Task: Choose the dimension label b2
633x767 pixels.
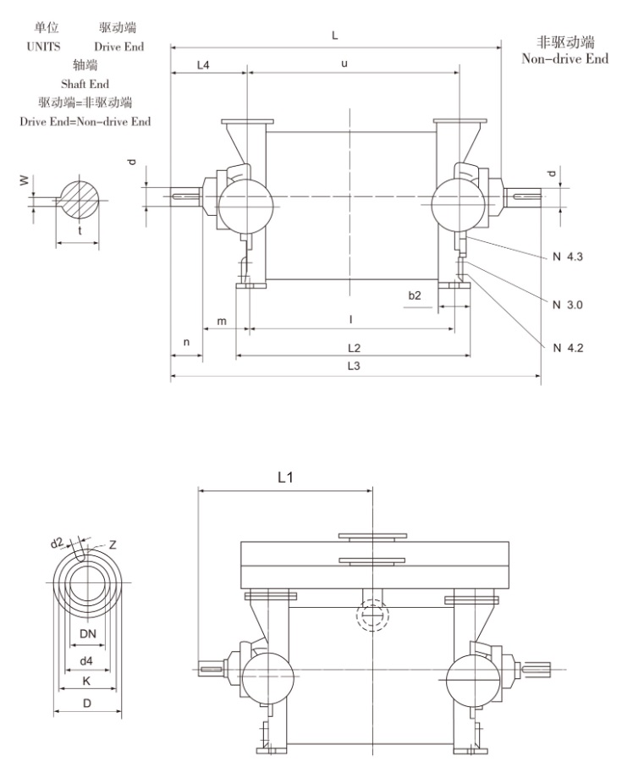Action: pos(415,295)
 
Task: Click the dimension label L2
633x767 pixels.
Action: pos(354,348)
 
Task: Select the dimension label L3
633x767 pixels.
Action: pos(354,367)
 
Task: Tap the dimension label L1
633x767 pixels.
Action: pos(285,477)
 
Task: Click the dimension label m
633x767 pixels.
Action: pos(222,321)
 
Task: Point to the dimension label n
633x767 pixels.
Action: pos(186,342)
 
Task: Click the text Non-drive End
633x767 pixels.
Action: pos(564,59)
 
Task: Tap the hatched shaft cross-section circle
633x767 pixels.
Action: pos(78,200)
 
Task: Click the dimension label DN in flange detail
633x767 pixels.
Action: pos(87,634)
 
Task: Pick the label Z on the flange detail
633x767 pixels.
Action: pos(113,545)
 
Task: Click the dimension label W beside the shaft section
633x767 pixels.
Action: pos(25,179)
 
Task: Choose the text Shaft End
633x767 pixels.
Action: pos(85,84)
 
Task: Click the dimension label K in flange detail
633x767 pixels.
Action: pos(87,681)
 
